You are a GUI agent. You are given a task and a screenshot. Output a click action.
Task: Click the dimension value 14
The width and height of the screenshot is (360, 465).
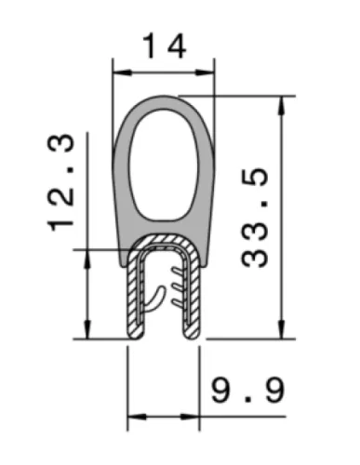point(165,46)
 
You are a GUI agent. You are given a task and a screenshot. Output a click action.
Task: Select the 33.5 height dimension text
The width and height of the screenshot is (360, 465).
point(255,218)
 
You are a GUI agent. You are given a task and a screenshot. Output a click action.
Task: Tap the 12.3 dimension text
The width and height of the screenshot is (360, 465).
point(60,183)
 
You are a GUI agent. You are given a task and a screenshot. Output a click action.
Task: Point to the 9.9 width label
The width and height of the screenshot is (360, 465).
point(247,390)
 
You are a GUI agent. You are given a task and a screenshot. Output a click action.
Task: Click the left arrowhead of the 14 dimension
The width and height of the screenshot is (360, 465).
point(122,73)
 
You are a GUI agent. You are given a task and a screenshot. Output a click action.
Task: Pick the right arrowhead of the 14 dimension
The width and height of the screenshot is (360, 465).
point(205,73)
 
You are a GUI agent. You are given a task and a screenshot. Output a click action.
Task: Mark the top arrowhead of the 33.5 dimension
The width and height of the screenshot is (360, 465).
point(282,106)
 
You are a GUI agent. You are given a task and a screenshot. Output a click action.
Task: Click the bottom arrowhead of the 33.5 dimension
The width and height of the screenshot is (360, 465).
point(282,329)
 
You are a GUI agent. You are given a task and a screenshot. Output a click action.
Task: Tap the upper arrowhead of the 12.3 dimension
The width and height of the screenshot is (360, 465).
point(87,259)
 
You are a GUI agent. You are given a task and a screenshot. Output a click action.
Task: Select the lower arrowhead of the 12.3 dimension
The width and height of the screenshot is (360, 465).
point(87,329)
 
